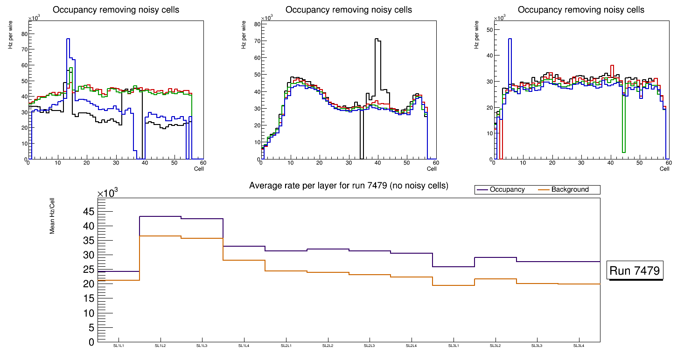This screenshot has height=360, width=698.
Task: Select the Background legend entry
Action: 570,189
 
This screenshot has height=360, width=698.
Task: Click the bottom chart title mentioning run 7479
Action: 349,186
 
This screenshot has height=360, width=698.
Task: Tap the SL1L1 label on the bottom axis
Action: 119,346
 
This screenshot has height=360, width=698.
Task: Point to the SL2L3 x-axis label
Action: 369,346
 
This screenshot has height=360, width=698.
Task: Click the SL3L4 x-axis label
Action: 579,346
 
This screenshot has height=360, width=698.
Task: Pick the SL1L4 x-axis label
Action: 244,346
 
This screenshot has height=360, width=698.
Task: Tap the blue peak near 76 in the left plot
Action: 68,39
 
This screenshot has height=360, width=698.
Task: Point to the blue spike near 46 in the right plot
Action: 510,39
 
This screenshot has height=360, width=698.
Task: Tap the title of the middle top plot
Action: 349,9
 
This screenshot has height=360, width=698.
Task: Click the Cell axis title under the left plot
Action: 199,168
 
